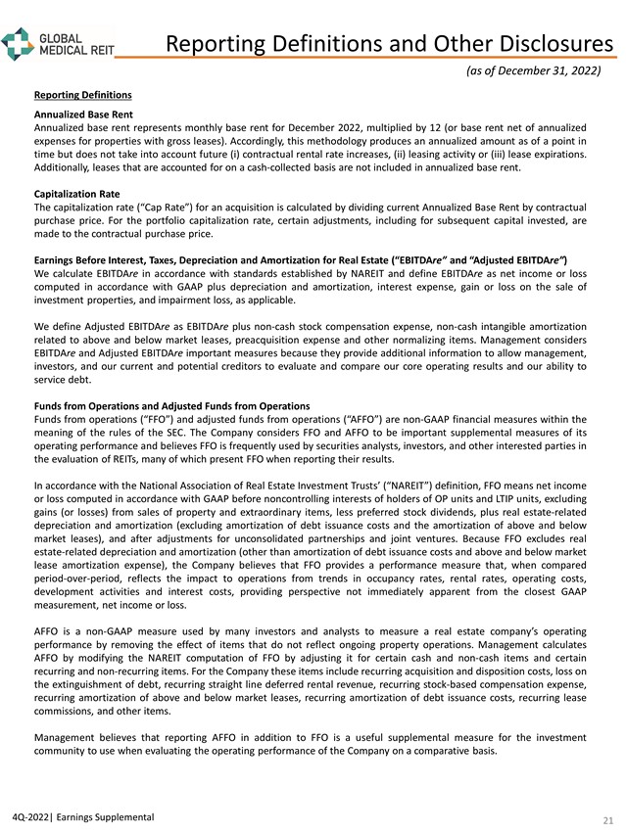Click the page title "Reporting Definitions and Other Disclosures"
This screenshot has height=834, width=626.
[x=389, y=44]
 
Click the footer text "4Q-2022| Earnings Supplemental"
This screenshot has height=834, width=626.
[x=77, y=816]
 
